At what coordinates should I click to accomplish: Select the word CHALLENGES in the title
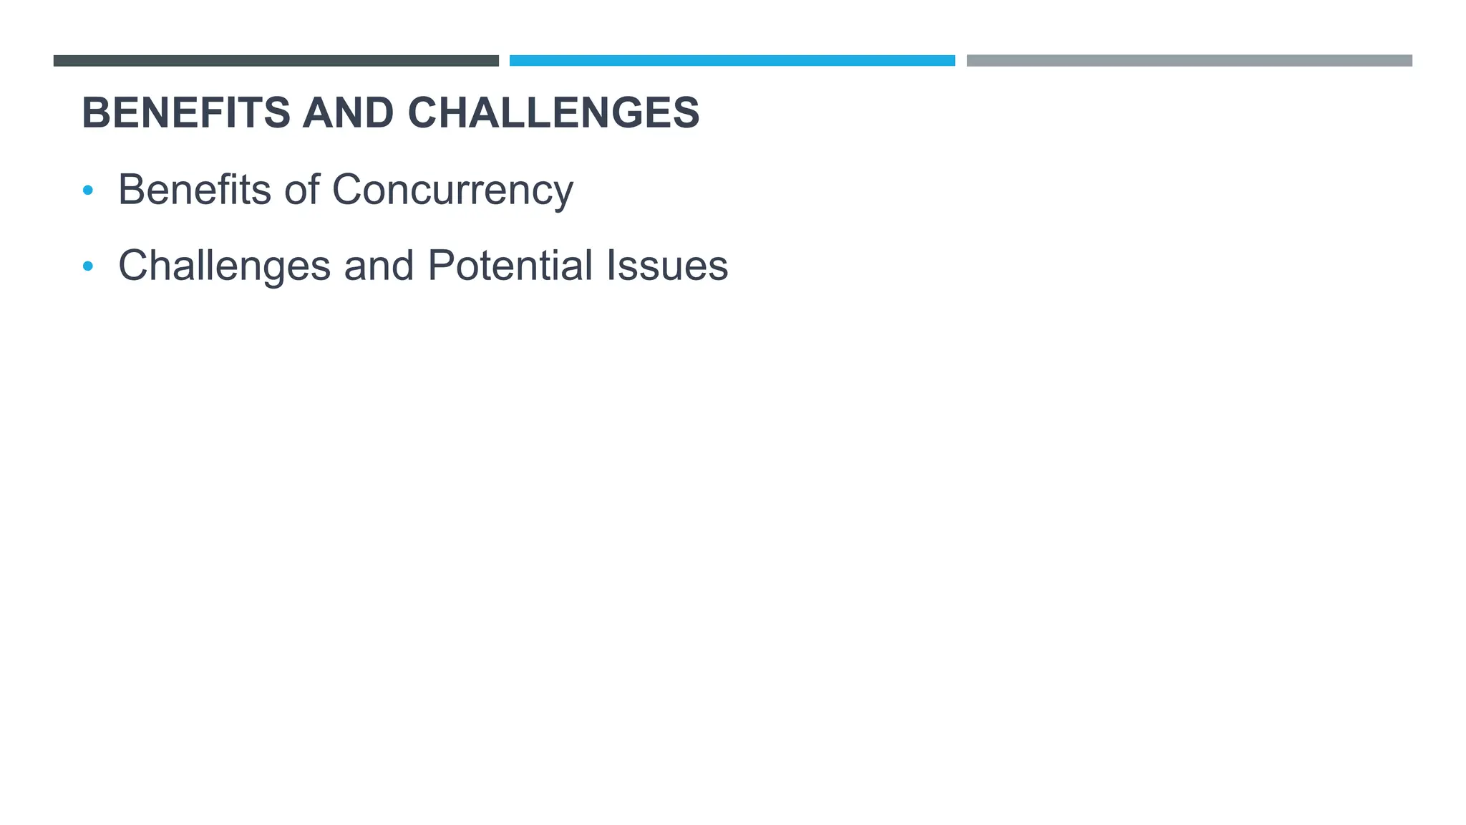553,113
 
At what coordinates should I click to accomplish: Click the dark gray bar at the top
276,61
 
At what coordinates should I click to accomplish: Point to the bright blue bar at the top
732,61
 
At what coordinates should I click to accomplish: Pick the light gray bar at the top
1189,61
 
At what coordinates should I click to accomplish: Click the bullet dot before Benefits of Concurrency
88,190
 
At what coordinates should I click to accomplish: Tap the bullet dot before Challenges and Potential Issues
88,266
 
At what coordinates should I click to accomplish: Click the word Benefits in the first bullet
195,190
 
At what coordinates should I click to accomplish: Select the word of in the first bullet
301,190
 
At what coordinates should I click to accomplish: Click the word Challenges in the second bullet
224,266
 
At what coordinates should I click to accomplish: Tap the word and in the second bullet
379,266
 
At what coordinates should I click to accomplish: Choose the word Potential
510,266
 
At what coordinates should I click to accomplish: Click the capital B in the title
97,113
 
